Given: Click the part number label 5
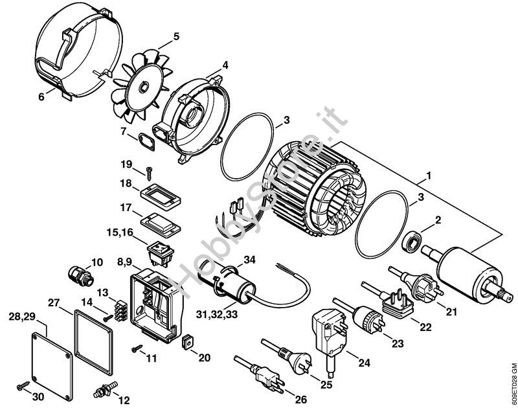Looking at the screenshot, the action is (176, 36).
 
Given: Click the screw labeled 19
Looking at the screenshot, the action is (148, 174).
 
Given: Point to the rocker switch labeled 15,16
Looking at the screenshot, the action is (161, 254).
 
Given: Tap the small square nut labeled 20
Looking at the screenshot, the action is (187, 341).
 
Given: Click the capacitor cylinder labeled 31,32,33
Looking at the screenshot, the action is (227, 284).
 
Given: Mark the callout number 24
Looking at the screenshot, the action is (365, 363).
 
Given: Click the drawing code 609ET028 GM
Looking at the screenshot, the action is (513, 385).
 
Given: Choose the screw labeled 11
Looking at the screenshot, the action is (137, 348).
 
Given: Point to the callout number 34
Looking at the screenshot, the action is (249, 260).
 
